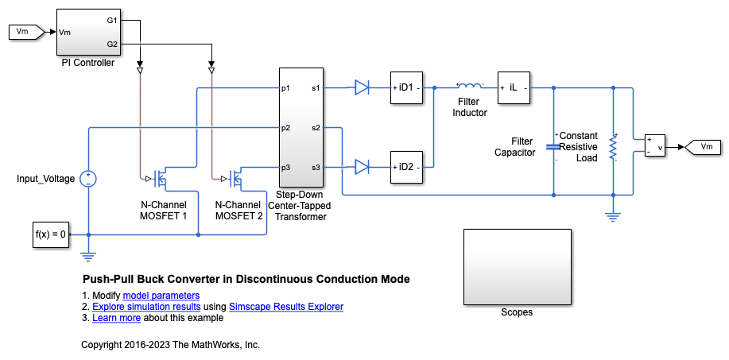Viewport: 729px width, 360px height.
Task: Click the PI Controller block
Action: click(x=87, y=32)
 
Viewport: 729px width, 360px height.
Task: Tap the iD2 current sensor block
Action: click(x=406, y=166)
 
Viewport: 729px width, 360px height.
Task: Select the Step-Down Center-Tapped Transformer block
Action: click(x=301, y=127)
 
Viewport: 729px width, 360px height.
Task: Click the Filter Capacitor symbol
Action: click(x=553, y=146)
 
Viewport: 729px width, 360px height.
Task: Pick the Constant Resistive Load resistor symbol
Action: click(x=613, y=147)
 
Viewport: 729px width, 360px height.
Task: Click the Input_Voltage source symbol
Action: click(x=87, y=179)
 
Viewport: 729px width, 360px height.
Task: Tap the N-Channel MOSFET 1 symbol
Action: click(x=162, y=179)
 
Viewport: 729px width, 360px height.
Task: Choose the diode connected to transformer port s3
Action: click(x=363, y=166)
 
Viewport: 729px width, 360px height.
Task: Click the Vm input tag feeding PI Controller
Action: click(x=23, y=32)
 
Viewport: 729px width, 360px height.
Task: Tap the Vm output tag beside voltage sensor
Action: click(x=704, y=146)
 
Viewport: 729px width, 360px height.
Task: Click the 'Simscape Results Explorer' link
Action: click(x=285, y=307)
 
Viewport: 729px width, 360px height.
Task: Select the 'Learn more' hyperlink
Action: click(x=116, y=318)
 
